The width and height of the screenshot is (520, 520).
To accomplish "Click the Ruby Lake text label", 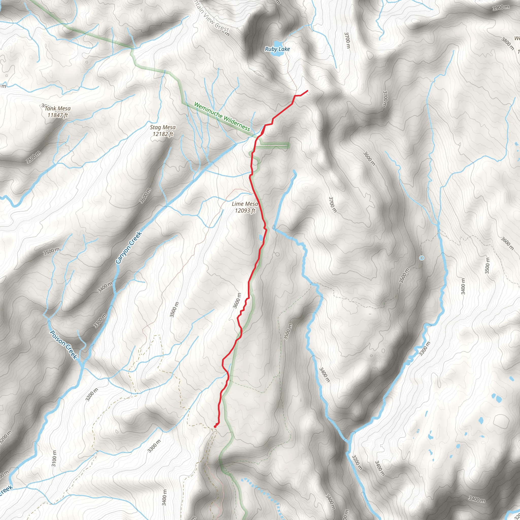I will (x=277, y=49).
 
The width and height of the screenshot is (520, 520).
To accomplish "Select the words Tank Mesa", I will (x=58, y=108).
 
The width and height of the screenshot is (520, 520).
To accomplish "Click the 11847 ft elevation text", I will (x=58, y=115).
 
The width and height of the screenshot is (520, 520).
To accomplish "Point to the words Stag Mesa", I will (x=162, y=127).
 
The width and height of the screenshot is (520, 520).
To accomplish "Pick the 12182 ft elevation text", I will (x=163, y=134).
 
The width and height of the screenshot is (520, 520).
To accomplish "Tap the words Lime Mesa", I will (x=245, y=204).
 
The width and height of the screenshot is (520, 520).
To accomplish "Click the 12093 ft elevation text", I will (x=245, y=210).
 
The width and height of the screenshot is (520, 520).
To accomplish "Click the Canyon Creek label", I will (x=128, y=248).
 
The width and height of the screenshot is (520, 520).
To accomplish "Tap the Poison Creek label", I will (x=64, y=345).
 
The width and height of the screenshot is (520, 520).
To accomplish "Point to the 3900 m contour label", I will (x=501, y=8).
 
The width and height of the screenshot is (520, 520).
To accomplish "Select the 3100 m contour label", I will (x=54, y=458).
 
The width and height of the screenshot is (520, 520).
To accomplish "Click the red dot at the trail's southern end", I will (x=215, y=427).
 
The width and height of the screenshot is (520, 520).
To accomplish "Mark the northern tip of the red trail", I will (x=307, y=91).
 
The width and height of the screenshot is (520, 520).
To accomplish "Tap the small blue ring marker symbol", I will (x=422, y=258).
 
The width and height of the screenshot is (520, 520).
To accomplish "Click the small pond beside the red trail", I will (x=261, y=238).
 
